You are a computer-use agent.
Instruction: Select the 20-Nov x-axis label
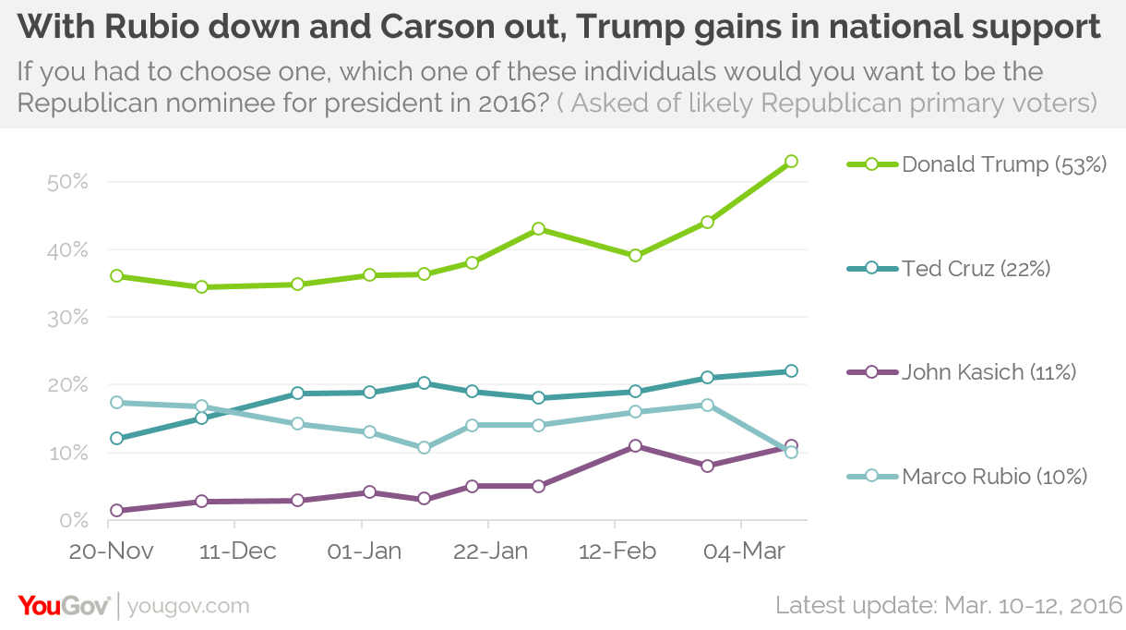tap(112, 551)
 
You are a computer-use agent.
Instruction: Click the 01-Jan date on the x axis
tap(364, 551)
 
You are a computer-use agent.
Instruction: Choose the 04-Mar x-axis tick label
tap(743, 551)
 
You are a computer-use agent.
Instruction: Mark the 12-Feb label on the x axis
tap(616, 551)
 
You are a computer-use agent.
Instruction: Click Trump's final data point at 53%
tap(791, 162)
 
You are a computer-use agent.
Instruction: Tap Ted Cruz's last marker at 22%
tap(791, 371)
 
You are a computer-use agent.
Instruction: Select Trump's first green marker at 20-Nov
tap(116, 276)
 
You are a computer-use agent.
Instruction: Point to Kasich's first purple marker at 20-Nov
tap(116, 511)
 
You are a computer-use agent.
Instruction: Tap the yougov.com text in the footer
tap(188, 607)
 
